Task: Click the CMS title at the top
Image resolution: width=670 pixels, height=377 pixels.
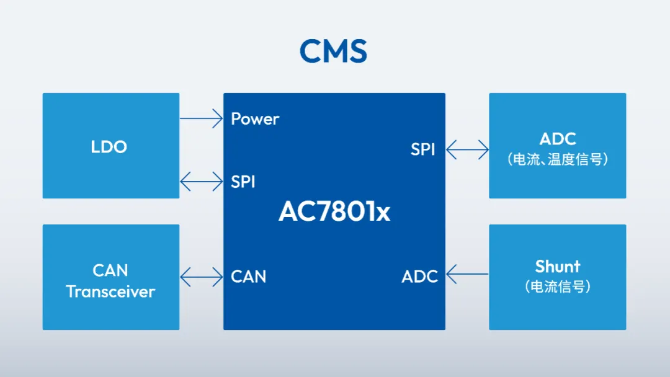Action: click(333, 51)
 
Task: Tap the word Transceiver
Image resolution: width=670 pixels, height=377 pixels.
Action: click(110, 291)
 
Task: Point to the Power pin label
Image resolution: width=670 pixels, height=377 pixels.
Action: click(255, 119)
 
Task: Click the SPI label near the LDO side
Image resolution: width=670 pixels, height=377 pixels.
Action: click(243, 182)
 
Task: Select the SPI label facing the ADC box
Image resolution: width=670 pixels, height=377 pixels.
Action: click(422, 149)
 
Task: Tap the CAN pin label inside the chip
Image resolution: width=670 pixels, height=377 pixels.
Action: click(248, 277)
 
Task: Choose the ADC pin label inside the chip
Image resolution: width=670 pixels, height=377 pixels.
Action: click(419, 277)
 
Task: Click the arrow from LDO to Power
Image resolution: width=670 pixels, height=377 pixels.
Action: click(201, 118)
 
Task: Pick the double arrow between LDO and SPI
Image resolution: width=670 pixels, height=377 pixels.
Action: click(201, 182)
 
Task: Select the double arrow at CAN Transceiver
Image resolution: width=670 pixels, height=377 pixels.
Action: click(201, 276)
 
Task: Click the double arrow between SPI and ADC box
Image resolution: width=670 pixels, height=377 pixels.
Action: click(467, 149)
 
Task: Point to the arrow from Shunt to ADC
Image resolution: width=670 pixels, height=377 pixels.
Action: click(467, 273)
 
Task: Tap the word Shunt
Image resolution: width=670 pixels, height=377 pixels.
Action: click(557, 267)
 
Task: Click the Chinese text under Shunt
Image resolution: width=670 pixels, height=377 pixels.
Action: click(557, 287)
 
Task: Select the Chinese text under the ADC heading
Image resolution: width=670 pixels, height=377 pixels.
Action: click(557, 159)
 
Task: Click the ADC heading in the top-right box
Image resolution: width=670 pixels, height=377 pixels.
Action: click(557, 139)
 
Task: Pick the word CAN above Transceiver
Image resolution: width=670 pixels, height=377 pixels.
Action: click(110, 271)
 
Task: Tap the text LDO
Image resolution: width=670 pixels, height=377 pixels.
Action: click(109, 147)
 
